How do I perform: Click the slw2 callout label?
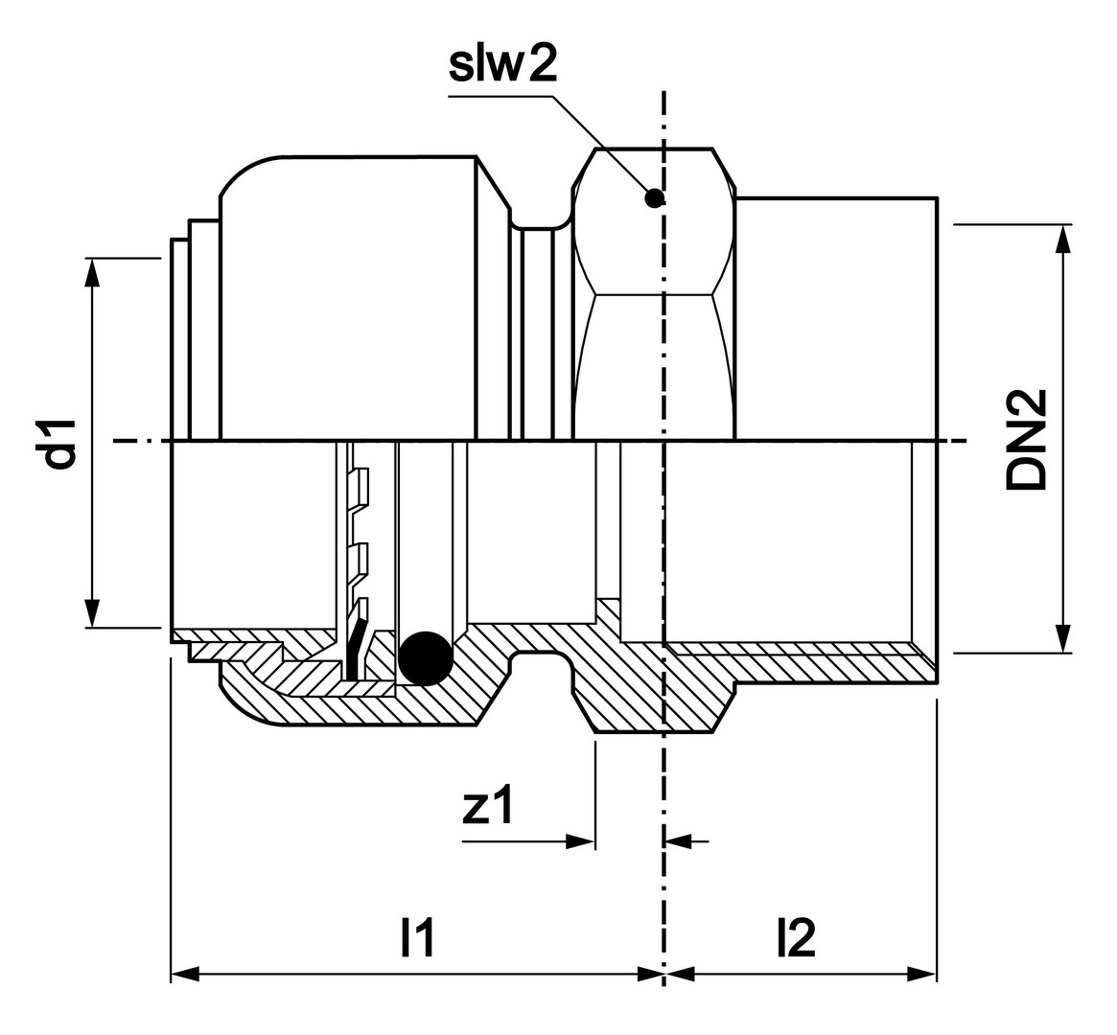point(502,64)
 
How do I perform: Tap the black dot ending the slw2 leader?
point(655,198)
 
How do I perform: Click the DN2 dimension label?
point(1028,440)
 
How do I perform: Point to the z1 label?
point(488,808)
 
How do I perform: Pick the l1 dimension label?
point(418,939)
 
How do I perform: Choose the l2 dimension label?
point(797,939)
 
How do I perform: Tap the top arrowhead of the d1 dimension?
point(92,272)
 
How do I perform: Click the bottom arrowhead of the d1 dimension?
point(92,613)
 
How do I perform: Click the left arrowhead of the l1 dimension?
point(184,975)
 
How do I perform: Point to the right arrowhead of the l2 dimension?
point(922,975)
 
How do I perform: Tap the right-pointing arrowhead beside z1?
point(581,841)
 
